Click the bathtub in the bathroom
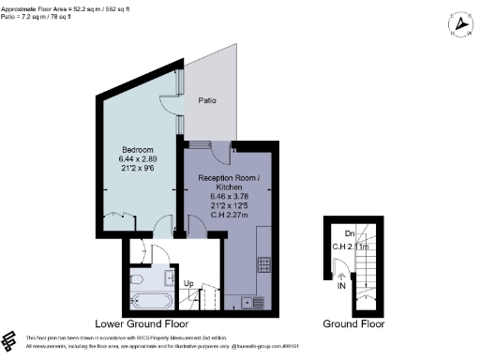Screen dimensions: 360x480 tap(150, 303)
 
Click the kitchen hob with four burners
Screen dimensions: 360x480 tap(263, 263)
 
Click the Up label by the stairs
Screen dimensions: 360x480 tap(187, 282)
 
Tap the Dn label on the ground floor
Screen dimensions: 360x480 tap(348, 233)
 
